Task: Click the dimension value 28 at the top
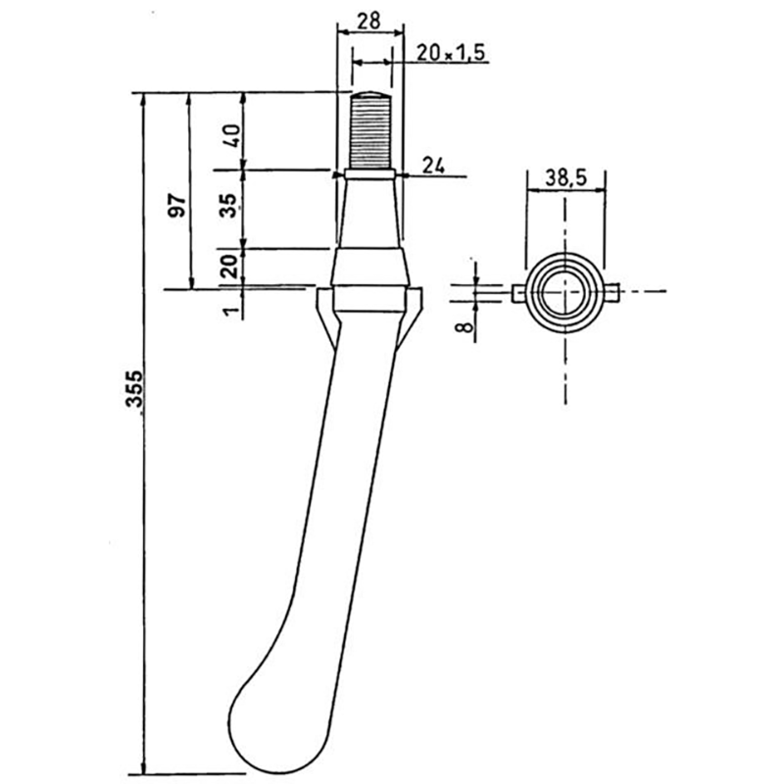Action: tap(369, 21)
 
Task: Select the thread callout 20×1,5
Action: tap(451, 53)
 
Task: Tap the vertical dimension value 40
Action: tap(232, 135)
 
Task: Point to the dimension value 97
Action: tap(178, 205)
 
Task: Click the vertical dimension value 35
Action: tap(230, 206)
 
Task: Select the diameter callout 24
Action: tap(433, 165)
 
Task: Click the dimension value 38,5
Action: tap(565, 178)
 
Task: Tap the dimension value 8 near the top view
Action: tap(465, 327)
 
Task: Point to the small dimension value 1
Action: tap(230, 311)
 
